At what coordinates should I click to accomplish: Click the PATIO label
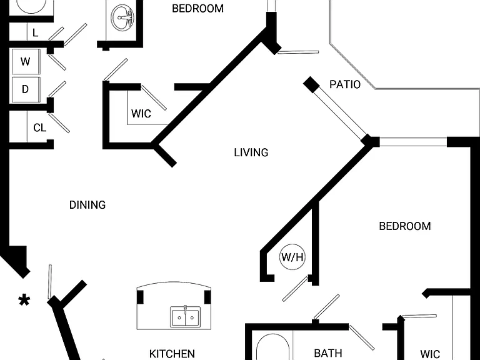pos(345,84)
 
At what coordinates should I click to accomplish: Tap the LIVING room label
pos(251,152)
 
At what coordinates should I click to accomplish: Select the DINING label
pos(87,205)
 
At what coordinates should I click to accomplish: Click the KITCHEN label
pos(172,354)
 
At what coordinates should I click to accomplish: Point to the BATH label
pos(328,353)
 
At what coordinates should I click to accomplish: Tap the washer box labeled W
pos(26,61)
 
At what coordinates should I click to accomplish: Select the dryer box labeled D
pos(26,89)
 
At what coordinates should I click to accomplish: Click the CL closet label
pos(40,127)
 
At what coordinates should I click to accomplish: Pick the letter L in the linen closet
pos(35,32)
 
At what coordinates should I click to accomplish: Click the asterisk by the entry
pos(24,301)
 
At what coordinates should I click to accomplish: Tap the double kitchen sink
pos(186,317)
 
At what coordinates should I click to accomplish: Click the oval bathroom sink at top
pos(122,17)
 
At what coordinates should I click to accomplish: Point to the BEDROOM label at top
pos(197,9)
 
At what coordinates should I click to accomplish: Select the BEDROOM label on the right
pos(405,226)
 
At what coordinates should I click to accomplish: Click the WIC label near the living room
pos(141,114)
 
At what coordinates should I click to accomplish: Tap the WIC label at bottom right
pos(430,354)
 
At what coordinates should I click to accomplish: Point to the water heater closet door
pos(296,288)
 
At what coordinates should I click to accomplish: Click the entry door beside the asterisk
pos(49,282)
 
